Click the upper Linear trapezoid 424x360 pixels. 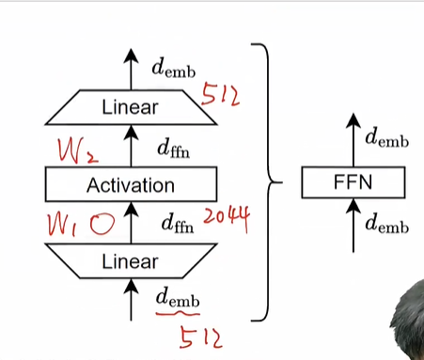pos(131,107)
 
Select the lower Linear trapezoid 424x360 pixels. pos(131,260)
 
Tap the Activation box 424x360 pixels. pos(131,184)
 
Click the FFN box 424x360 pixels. pos(353,182)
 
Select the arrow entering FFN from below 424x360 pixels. pos(353,226)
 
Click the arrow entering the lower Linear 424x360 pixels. pos(131,295)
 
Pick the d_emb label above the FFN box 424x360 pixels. pos(386,141)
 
